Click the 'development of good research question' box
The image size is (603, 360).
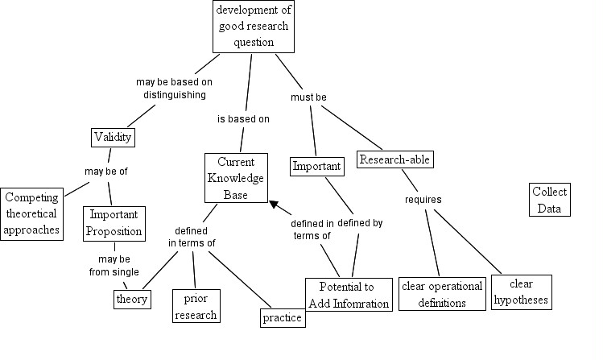point(254,26)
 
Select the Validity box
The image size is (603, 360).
point(113,137)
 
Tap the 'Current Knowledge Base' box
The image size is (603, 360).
point(236,178)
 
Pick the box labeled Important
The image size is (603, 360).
point(317,167)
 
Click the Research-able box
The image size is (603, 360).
point(395,159)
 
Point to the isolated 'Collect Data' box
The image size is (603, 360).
point(550,200)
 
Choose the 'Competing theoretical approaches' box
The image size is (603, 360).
point(31,214)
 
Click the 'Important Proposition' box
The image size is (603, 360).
point(114,224)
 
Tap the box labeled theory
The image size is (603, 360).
point(132,300)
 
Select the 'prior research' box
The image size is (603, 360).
point(196,306)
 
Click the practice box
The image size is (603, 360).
point(283,318)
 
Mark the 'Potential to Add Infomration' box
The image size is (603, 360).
point(349,295)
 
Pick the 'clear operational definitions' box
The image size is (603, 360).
point(442,294)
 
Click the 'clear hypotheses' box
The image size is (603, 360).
point(522,292)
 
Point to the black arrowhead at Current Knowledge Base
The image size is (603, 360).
point(274,205)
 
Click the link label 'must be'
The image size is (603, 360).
point(308,97)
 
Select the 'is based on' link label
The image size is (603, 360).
point(243,119)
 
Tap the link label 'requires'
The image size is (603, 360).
point(423,200)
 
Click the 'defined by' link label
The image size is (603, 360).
point(360,223)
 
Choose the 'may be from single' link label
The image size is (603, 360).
point(114,266)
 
